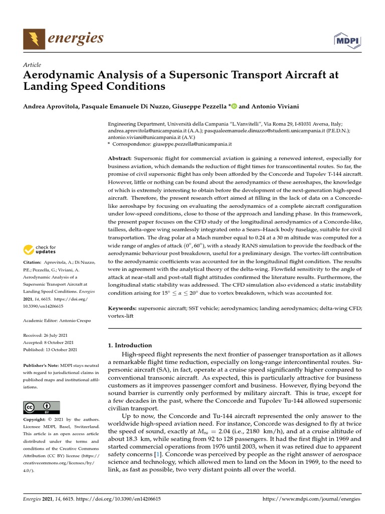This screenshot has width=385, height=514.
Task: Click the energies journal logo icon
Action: (33, 39)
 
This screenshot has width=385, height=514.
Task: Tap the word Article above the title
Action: (32, 65)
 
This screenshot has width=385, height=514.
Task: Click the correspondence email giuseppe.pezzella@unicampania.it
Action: (191, 144)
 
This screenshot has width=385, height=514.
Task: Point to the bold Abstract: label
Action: (120, 158)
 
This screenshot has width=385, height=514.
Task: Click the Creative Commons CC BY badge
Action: (42, 407)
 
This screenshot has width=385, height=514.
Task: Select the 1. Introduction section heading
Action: (130, 345)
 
